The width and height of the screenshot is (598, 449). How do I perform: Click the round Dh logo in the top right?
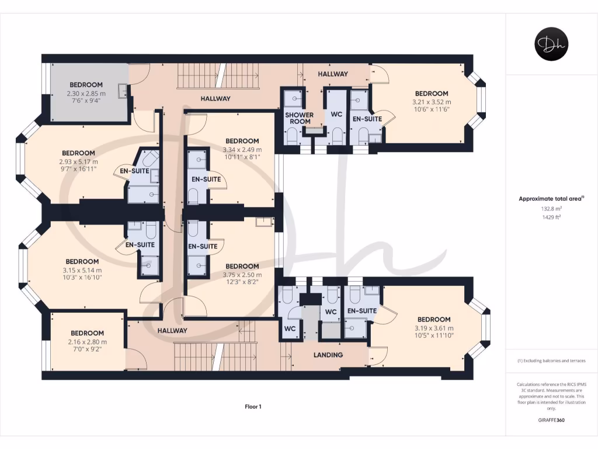[551, 44]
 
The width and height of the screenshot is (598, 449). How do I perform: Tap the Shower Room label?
[300, 118]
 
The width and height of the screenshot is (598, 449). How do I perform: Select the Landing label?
[328, 355]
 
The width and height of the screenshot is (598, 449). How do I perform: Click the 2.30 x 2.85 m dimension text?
[86, 94]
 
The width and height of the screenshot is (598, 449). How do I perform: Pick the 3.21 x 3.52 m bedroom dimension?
[432, 102]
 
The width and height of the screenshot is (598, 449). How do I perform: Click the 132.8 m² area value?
[551, 209]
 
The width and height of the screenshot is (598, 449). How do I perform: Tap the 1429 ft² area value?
[551, 217]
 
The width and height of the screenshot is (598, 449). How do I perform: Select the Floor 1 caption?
[253, 407]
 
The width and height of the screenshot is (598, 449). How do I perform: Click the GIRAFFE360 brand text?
[551, 420]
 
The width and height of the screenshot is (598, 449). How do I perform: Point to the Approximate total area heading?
[550, 199]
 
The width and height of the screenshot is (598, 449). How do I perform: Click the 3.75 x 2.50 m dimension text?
[242, 275]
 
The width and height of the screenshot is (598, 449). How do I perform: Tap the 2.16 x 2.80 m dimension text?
[88, 342]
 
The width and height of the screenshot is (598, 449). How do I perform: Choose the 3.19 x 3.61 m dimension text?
[434, 329]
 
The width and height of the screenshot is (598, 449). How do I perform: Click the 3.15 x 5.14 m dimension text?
[82, 270]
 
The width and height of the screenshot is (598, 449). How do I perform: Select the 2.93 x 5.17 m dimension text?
[78, 162]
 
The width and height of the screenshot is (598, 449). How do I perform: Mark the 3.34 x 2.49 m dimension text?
[242, 150]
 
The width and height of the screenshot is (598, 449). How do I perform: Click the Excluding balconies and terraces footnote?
[551, 361]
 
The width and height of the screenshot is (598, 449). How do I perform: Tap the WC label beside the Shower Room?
[336, 114]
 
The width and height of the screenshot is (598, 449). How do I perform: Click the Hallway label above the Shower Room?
[333, 74]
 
